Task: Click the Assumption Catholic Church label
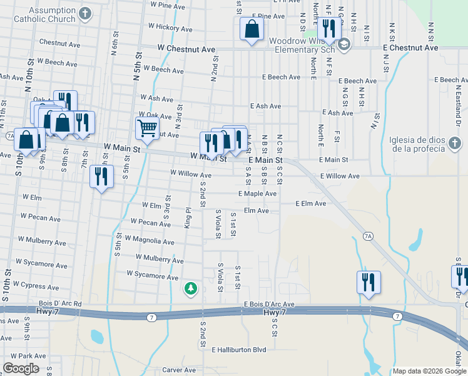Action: click(x=52, y=15)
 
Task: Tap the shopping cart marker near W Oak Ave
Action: click(x=147, y=128)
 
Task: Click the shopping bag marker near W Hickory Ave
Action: click(x=251, y=29)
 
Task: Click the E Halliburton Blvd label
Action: click(x=239, y=350)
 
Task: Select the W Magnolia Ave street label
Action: click(x=150, y=240)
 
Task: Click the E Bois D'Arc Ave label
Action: click(x=269, y=304)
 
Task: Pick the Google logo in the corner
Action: click(x=21, y=368)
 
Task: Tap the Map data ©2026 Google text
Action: click(x=429, y=371)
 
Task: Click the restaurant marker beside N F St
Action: click(x=328, y=28)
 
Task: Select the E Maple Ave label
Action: click(x=257, y=194)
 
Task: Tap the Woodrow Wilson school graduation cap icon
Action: click(x=343, y=44)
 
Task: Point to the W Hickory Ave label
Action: click(x=170, y=28)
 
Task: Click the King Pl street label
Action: click(x=187, y=218)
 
